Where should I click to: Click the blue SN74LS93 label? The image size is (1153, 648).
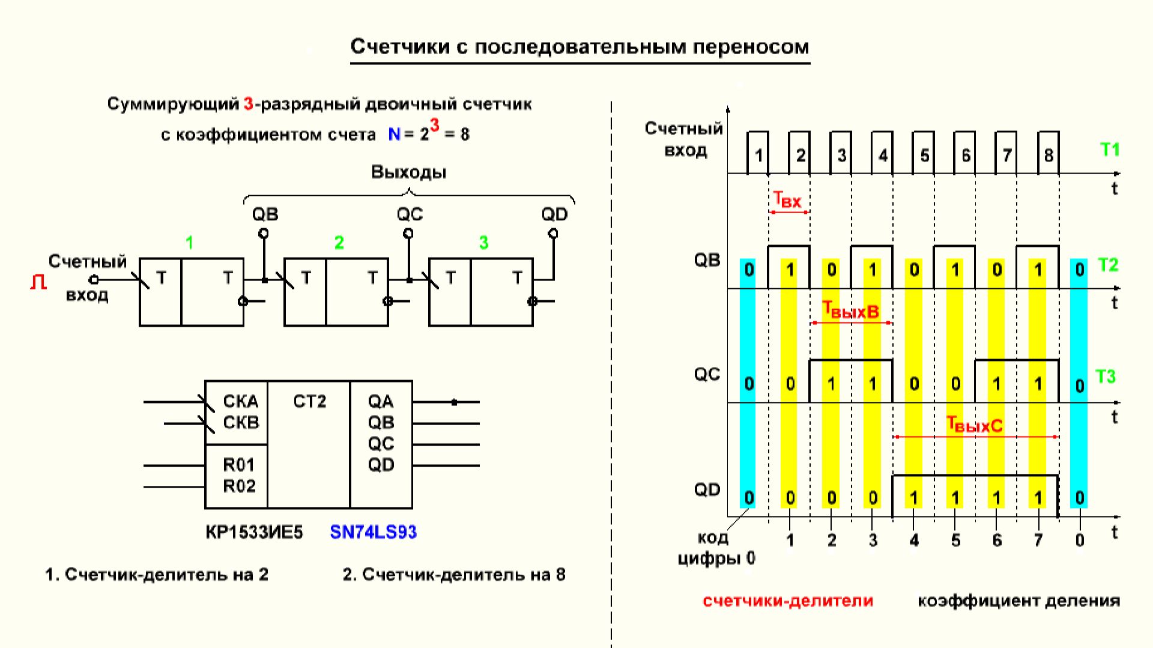coord(373,532)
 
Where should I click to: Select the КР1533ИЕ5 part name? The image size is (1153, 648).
coord(254,532)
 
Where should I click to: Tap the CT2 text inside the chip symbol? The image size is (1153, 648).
coord(309,401)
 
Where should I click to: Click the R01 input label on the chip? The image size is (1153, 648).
coord(238,465)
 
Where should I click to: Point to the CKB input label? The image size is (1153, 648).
coord(240,422)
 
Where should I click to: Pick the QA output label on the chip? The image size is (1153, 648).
coord(380,401)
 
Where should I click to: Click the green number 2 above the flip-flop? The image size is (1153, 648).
coord(339,243)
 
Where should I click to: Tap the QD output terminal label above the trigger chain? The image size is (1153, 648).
coord(554,214)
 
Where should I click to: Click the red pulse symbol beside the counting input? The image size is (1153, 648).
coord(38,282)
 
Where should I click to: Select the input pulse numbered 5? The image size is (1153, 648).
coord(924,156)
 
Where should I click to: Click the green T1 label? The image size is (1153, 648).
coord(1110,150)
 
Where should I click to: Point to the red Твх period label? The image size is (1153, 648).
coord(787,199)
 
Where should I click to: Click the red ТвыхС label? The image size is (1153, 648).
coord(974,425)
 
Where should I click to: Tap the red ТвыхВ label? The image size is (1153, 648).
coord(850,310)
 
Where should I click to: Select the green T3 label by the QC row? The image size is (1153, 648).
coord(1106,377)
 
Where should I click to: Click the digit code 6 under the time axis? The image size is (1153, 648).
coord(997,541)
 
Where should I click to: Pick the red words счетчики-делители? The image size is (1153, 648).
coord(787,601)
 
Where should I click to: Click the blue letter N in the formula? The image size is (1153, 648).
coord(394,134)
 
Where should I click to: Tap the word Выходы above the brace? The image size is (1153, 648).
coord(408,172)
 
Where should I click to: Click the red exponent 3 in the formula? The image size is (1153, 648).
coord(434,125)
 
